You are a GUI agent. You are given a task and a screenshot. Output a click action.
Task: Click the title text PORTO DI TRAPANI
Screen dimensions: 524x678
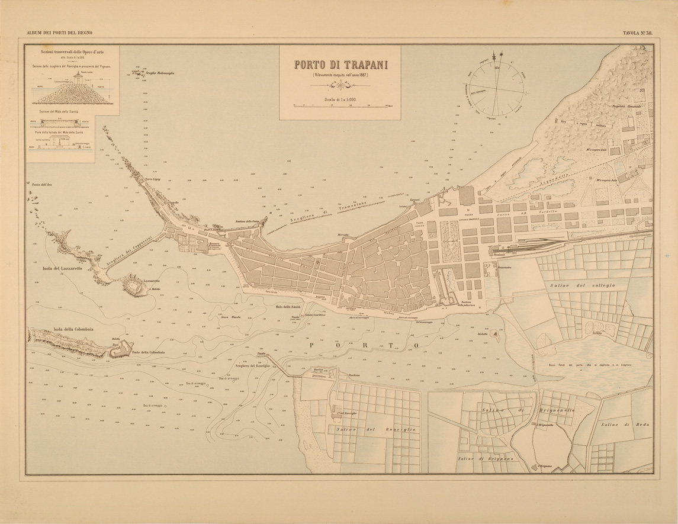(x=340, y=65)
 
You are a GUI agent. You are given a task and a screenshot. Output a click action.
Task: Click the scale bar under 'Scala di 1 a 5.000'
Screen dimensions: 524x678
(x=340, y=106)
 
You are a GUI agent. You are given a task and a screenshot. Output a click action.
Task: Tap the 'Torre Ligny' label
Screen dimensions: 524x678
(x=153, y=178)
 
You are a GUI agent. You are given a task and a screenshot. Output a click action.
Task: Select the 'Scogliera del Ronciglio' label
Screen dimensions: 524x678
(x=252, y=365)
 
